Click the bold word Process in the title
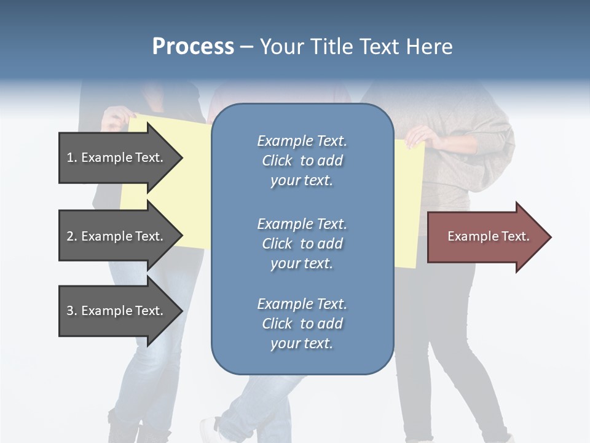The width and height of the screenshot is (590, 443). click(x=193, y=47)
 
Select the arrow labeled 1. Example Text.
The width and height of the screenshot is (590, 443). click(x=117, y=158)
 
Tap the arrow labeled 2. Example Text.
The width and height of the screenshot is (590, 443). click(x=117, y=236)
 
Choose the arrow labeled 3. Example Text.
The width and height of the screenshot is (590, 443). click(x=117, y=311)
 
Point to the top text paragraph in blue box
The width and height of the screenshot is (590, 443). click(x=302, y=161)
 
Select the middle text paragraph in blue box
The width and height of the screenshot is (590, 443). click(x=302, y=244)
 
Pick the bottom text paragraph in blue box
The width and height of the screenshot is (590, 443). click(x=302, y=324)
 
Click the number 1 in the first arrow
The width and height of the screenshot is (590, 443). click(x=70, y=158)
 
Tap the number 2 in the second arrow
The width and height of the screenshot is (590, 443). click(x=70, y=236)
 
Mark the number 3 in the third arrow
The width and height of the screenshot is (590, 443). click(x=70, y=311)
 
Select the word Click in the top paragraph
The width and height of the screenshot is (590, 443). click(x=277, y=161)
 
